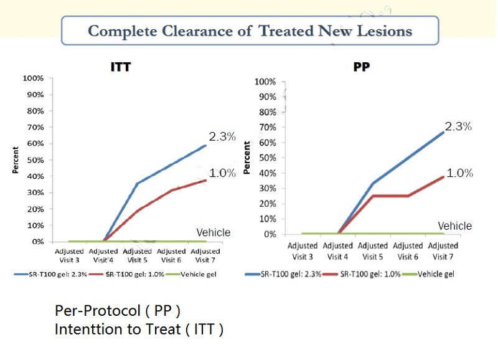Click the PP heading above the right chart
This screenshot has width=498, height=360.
pyautogui.click(x=362, y=67)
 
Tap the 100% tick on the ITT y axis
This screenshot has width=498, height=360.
pyautogui.click(x=33, y=78)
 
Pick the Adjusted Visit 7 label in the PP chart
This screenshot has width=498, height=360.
pyautogui.click(x=443, y=250)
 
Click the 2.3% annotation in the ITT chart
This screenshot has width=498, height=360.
pyautogui.click(x=222, y=137)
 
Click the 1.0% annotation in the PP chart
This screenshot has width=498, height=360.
pyautogui.click(x=460, y=173)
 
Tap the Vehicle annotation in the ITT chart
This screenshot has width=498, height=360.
pyautogui.click(x=214, y=232)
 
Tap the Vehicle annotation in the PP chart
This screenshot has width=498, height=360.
pyautogui.click(x=454, y=225)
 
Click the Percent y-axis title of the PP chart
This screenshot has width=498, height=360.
pyautogui.click(x=247, y=158)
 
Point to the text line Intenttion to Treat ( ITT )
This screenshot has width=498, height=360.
pyautogui.click(x=139, y=329)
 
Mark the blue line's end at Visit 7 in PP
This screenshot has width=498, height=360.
pyautogui.click(x=443, y=131)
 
